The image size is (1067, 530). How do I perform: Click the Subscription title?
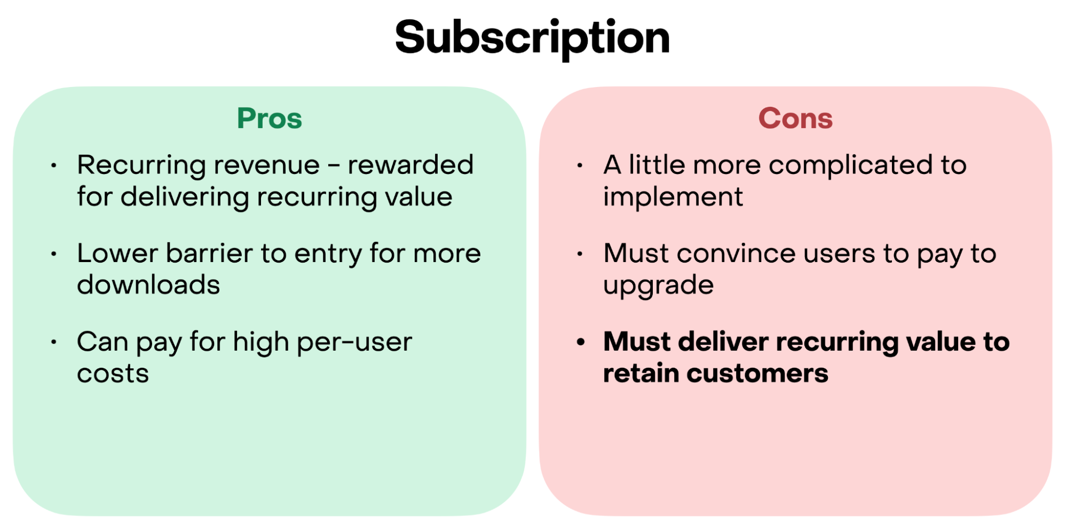[532, 39]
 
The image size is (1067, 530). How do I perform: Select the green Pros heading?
[270, 118]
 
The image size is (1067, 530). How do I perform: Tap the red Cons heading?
[795, 118]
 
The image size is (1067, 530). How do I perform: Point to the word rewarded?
[410, 165]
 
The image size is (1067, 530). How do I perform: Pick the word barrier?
[209, 253]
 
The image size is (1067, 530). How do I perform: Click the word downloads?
[148, 285]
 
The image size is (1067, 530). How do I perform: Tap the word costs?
[113, 374]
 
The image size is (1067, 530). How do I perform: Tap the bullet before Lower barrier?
[54, 254]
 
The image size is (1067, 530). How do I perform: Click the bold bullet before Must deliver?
[581, 342]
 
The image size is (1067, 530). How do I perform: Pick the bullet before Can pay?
[54, 342]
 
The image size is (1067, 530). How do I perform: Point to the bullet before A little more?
[580, 166]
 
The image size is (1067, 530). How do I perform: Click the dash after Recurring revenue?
[334, 167]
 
